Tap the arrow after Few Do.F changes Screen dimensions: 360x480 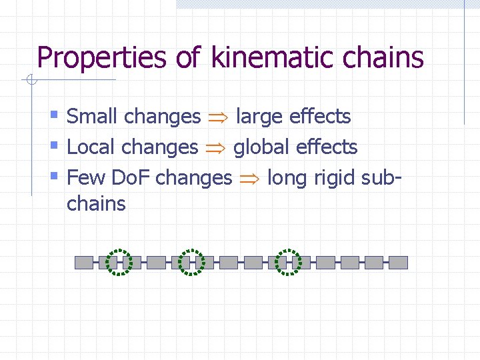point(249,179)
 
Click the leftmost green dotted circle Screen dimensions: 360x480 point(120,262)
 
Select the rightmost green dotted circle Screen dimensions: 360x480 point(289,262)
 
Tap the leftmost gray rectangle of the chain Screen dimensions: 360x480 point(83,262)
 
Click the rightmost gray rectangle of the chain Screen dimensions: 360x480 point(398,262)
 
